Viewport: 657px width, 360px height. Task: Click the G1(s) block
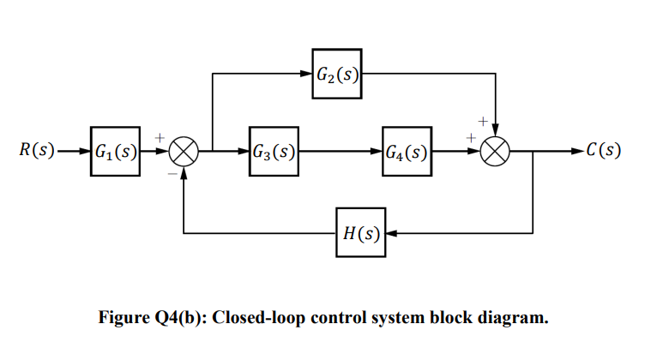(115, 153)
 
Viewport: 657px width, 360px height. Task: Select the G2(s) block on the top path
(336, 74)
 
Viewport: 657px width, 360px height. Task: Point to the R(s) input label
(37, 153)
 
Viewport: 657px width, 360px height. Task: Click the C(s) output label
(601, 153)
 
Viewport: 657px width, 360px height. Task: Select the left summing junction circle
(183, 153)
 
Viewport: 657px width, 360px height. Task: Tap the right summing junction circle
(494, 153)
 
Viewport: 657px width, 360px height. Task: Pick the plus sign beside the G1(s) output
(159, 136)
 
